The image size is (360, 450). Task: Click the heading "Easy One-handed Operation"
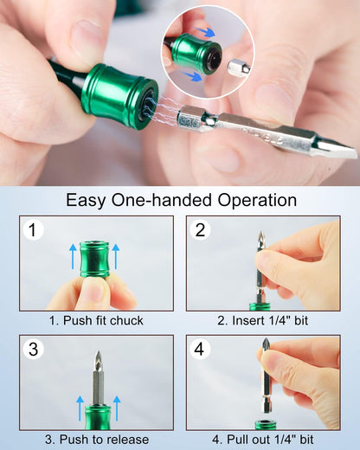point(181,200)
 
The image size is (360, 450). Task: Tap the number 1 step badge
point(33,230)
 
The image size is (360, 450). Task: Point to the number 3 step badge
point(33,350)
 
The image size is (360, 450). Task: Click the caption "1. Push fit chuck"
point(96,321)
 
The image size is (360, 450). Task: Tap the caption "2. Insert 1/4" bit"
point(264,321)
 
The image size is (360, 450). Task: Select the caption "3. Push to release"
point(96,440)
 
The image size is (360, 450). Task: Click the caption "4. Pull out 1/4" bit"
point(264,440)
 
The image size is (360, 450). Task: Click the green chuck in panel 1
point(96,260)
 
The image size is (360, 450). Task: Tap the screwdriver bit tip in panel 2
point(260,238)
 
